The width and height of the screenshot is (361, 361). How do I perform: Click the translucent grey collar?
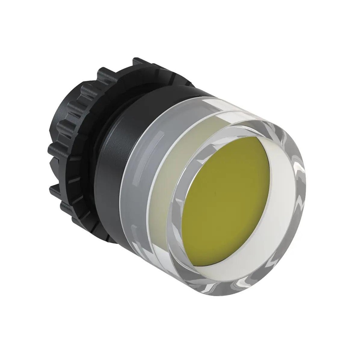(137, 183)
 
